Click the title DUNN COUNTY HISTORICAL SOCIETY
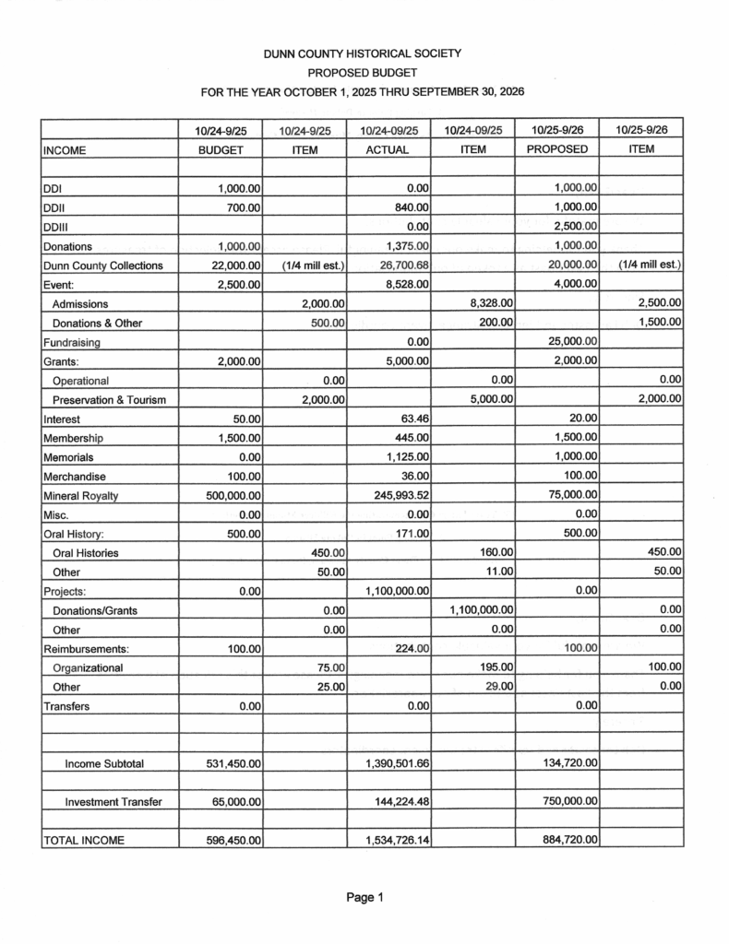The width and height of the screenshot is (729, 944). click(363, 53)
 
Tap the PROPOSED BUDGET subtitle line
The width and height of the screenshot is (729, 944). click(363, 72)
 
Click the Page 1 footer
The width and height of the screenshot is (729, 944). click(364, 897)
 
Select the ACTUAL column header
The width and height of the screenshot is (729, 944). click(387, 149)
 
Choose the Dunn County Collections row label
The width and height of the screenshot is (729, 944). click(102, 265)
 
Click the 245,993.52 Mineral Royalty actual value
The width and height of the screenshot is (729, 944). click(399, 496)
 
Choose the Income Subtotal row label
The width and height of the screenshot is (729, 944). click(104, 763)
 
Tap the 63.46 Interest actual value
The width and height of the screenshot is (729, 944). click(412, 419)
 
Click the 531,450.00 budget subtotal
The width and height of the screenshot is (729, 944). click(233, 763)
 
